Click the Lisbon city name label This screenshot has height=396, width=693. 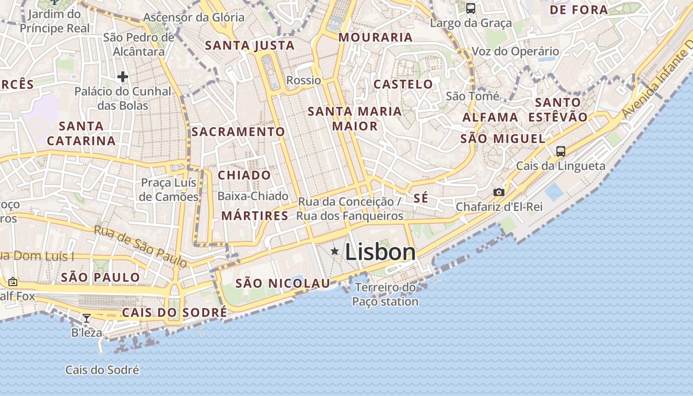(x=380, y=252)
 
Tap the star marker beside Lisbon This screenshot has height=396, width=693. (x=335, y=251)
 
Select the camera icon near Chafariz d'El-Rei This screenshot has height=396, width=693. (x=498, y=192)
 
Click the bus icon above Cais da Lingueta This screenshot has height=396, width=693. (x=560, y=151)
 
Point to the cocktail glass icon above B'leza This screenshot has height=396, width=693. (x=87, y=318)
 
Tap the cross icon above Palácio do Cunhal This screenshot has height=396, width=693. (x=122, y=77)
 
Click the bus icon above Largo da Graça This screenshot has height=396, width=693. (x=470, y=8)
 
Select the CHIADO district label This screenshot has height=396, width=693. (x=245, y=175)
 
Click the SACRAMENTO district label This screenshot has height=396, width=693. (x=238, y=132)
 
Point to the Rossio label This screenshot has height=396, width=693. (x=304, y=80)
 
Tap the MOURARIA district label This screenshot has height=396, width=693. (x=375, y=37)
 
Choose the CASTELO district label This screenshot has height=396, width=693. (x=403, y=84)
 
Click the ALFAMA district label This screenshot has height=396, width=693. (x=490, y=117)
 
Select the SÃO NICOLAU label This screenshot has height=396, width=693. (x=283, y=283)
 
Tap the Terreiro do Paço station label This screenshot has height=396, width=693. (x=385, y=295)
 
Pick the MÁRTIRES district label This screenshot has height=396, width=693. (x=254, y=215)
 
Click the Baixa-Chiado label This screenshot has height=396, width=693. (x=253, y=196)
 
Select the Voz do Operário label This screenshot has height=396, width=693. (x=515, y=51)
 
